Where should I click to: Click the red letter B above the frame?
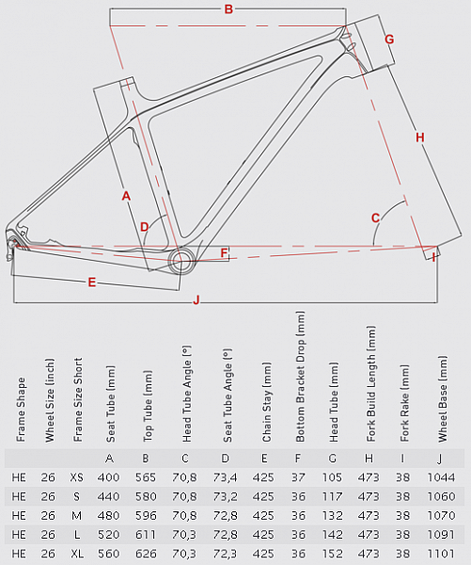228,9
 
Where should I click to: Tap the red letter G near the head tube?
389,40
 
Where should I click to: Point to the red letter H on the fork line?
420,137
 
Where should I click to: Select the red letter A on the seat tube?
126,196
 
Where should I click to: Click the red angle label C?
376,218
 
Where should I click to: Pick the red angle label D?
144,227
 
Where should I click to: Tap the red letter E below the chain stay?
92,282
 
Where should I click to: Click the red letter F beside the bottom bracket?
224,253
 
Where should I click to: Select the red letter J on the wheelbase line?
196,299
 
